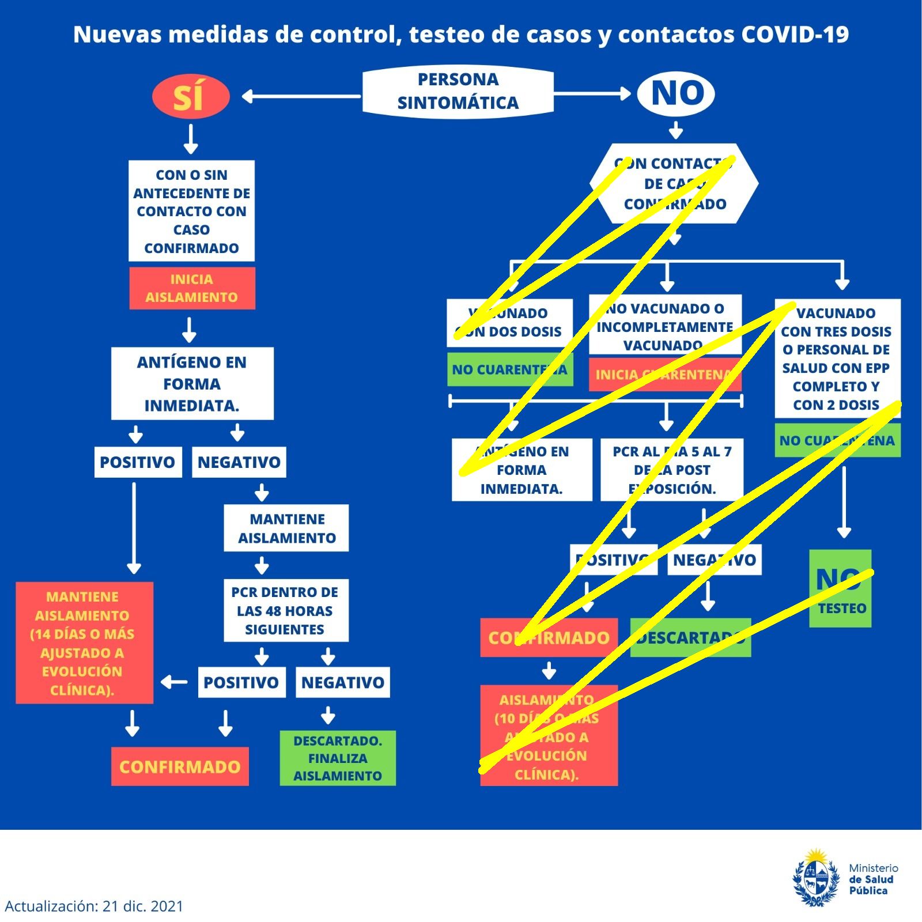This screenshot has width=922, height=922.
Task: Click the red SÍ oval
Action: click(x=191, y=96)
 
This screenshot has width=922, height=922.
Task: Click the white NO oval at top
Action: click(x=676, y=93)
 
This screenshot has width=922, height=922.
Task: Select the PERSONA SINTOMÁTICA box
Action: click(x=458, y=91)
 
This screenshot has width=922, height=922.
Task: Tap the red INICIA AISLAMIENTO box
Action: click(x=192, y=288)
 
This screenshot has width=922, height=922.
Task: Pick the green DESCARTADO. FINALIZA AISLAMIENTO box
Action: click(x=338, y=758)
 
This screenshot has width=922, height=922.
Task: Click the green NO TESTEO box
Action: click(x=840, y=588)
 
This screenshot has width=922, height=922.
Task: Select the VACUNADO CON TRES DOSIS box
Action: click(x=837, y=358)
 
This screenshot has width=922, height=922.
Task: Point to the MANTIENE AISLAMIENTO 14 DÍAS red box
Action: click(x=84, y=643)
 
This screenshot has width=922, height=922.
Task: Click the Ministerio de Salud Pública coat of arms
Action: click(x=816, y=878)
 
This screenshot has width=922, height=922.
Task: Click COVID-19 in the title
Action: click(x=795, y=35)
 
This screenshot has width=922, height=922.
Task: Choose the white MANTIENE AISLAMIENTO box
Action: click(x=286, y=528)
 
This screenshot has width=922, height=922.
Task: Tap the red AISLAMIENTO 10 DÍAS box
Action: click(x=549, y=735)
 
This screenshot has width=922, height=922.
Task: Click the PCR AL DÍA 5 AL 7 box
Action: click(x=671, y=470)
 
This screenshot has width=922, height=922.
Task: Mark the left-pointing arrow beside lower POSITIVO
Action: click(x=175, y=682)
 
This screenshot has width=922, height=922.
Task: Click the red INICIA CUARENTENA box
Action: click(x=664, y=375)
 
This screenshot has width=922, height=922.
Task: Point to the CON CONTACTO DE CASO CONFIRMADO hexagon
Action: click(x=674, y=183)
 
